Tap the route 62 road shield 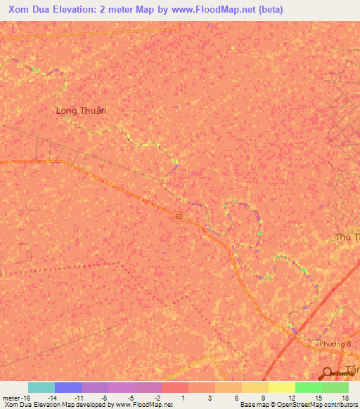179,217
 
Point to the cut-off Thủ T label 347,238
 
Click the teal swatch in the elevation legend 41,387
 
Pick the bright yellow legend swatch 281,387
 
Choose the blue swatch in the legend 67,387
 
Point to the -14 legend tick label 51,397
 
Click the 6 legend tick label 236,397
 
